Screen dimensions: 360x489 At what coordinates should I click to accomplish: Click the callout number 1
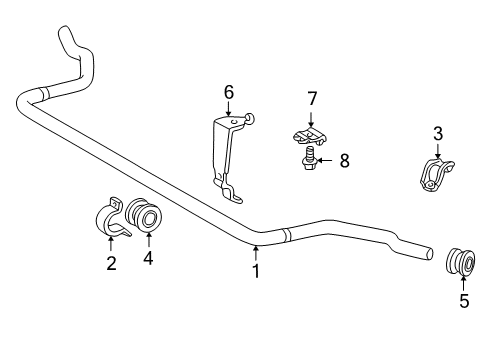point(255,270)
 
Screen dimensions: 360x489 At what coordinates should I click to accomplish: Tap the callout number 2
point(111,264)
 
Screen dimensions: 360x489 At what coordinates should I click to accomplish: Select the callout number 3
point(437,134)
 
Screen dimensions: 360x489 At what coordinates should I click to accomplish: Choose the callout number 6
point(229,92)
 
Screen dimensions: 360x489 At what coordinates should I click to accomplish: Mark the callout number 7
point(311,98)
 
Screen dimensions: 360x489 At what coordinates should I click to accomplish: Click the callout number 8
point(344,159)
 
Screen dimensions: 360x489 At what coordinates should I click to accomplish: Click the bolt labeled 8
point(308,157)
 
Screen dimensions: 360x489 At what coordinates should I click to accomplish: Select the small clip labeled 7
point(310,134)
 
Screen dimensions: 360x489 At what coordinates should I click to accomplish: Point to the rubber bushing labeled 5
point(460,265)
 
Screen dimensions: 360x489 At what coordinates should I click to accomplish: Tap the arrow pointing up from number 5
point(463,283)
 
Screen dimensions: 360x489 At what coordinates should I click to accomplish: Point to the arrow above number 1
point(255,252)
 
